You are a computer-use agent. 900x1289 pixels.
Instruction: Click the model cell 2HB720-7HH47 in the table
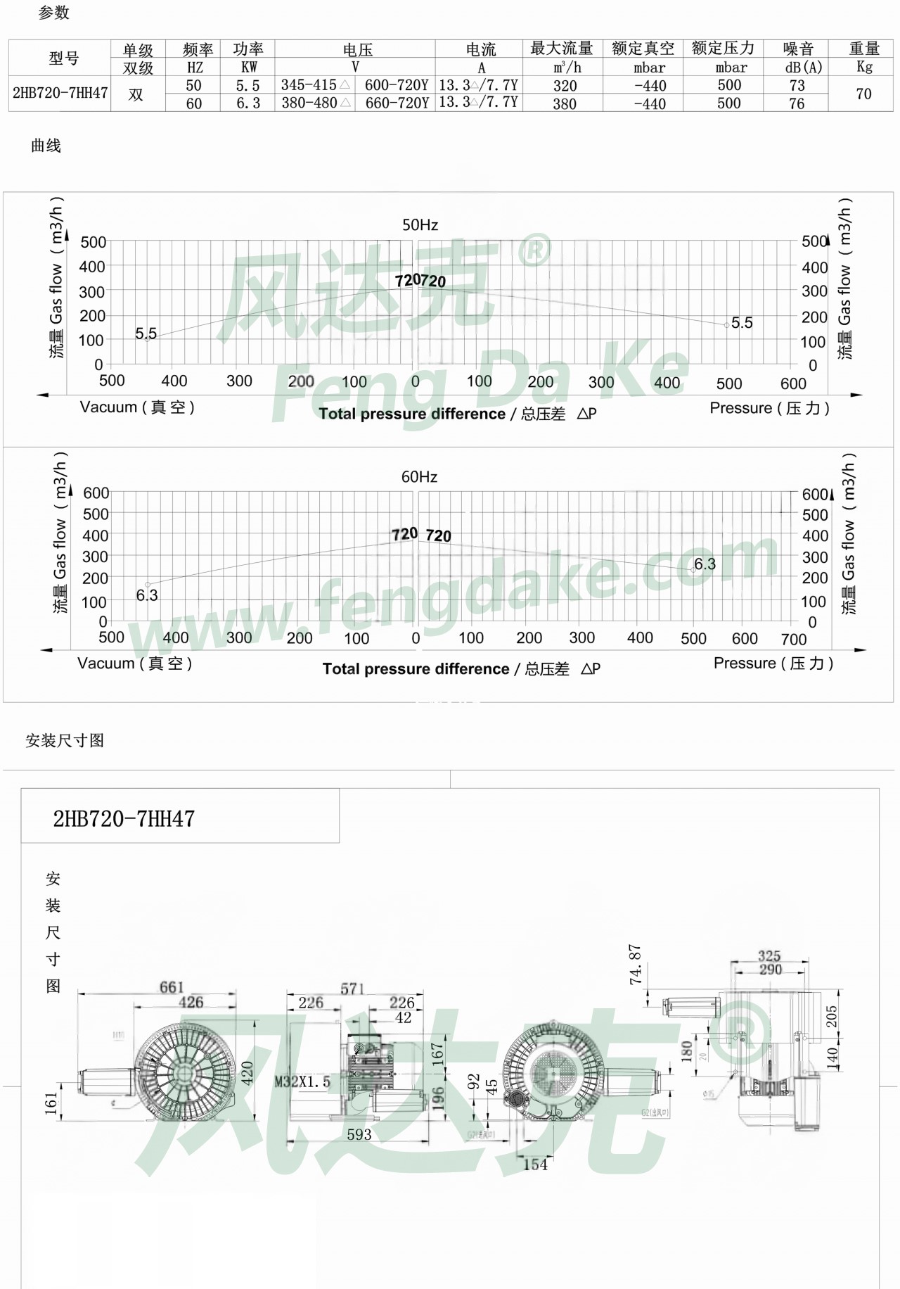click(60, 93)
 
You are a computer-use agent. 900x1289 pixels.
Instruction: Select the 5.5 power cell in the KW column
click(247, 85)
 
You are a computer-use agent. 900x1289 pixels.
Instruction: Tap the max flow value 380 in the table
click(565, 103)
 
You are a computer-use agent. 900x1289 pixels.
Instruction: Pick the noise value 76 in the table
click(797, 103)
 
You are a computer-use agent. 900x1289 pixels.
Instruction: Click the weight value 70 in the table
click(863, 94)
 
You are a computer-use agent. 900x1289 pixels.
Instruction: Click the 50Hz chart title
click(420, 225)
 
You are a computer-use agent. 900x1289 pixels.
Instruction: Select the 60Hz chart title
click(419, 477)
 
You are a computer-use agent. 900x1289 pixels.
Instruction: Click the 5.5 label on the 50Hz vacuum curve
click(146, 333)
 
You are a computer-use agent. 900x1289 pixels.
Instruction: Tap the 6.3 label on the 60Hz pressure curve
click(705, 564)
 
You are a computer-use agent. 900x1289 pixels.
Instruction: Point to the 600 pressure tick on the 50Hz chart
click(793, 383)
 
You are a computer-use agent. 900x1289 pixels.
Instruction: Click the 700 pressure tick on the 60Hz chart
click(794, 639)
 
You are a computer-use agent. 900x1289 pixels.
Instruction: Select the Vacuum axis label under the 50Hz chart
click(137, 407)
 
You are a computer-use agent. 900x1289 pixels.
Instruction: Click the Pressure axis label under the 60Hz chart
click(773, 663)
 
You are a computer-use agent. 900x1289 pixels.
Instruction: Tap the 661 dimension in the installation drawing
click(171, 987)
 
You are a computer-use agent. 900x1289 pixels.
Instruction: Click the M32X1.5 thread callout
click(302, 1081)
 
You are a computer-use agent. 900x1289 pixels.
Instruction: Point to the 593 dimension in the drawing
click(359, 1134)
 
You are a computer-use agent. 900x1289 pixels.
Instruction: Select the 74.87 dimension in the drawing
click(636, 964)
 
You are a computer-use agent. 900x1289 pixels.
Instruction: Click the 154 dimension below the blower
click(535, 1164)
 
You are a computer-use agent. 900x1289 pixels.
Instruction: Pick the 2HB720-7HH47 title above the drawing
click(124, 818)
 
